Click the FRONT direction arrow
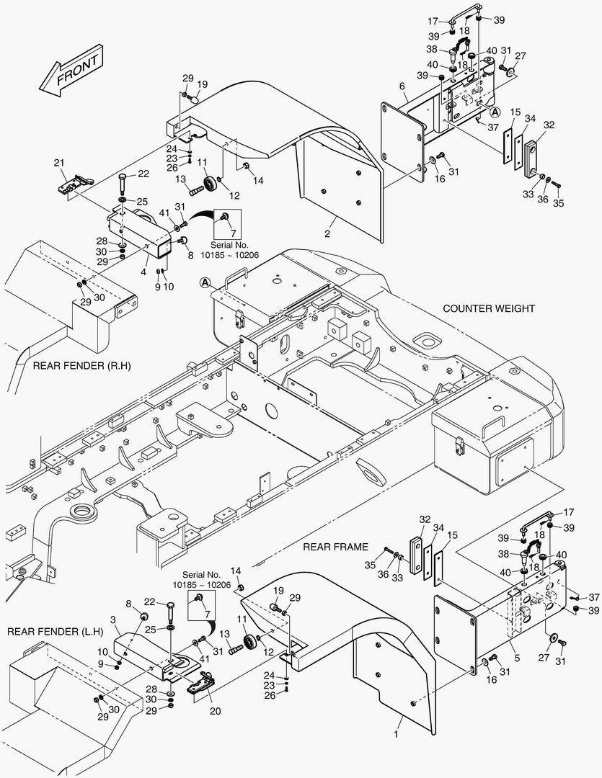pos(69,74)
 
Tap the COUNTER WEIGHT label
pos(489,308)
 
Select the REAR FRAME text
pos(335,547)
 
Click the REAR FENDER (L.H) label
pos(55,632)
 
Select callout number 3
pos(114,619)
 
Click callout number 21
pos(59,163)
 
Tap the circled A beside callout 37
pos(495,112)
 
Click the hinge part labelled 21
pos(72,185)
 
